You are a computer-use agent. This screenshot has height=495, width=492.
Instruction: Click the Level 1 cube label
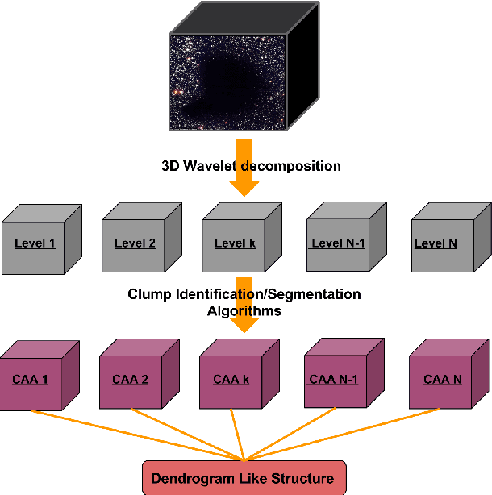(x=34, y=243)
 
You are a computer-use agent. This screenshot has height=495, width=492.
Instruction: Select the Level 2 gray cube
(x=135, y=243)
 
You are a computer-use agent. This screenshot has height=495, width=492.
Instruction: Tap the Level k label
(x=235, y=243)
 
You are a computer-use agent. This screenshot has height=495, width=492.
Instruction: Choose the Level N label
(x=436, y=243)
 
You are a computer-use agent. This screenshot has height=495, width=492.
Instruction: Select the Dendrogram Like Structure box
(x=244, y=478)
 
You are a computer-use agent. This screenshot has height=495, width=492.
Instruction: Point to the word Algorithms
(x=244, y=310)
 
